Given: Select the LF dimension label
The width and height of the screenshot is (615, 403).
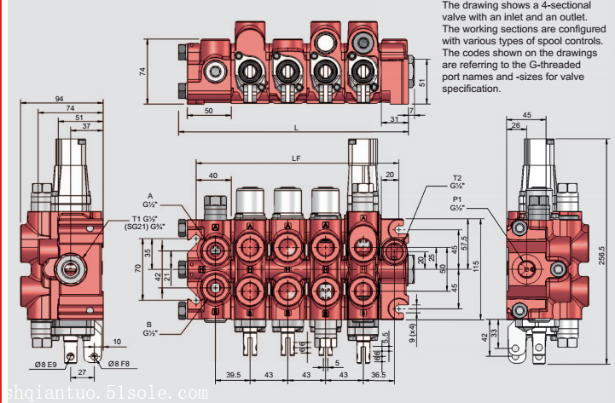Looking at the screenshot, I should click(x=296, y=158).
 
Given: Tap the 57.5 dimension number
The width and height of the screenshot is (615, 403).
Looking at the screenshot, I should click(x=466, y=242).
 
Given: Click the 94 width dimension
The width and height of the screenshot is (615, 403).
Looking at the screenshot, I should click(x=59, y=99).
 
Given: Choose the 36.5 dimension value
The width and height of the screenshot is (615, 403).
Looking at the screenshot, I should click(x=378, y=374).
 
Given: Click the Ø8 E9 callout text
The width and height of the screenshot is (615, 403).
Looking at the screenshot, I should click(x=46, y=365).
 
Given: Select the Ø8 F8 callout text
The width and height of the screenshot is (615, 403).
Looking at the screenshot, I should click(x=118, y=365).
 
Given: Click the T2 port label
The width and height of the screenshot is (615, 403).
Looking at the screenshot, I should click(x=456, y=180).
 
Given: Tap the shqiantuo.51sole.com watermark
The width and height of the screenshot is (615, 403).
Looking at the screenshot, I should click(x=104, y=393).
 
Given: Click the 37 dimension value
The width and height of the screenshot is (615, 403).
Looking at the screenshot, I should click(x=85, y=127).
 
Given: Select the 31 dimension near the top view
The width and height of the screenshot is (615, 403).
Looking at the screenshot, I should click(x=393, y=119).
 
